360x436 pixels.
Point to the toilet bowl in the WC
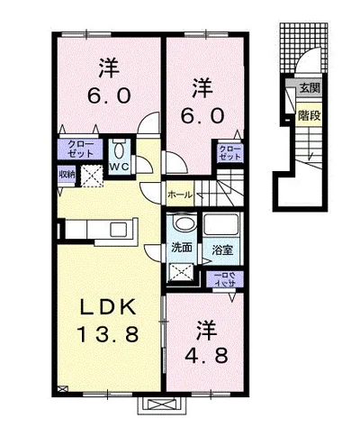[119, 149]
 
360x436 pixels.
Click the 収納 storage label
[67, 174]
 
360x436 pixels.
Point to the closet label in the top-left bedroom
[79, 149]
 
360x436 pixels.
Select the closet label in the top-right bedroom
[230, 153]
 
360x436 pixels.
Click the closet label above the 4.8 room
[221, 278]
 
